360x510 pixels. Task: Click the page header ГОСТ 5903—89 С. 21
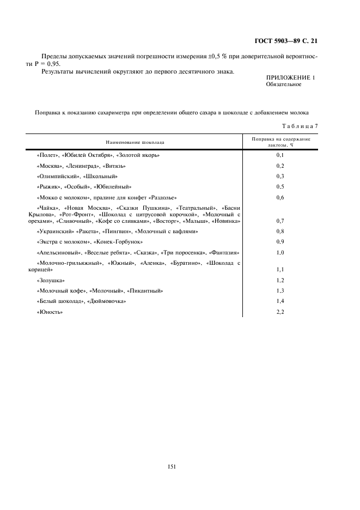286,41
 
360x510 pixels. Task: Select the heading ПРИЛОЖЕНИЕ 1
290,78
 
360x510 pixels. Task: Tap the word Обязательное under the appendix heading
283,85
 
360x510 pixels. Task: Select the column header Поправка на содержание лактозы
280,142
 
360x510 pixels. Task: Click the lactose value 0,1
280,155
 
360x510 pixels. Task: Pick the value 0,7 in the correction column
280,221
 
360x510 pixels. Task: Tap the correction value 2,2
280,312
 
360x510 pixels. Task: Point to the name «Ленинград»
82,166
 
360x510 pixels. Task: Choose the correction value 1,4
280,301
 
